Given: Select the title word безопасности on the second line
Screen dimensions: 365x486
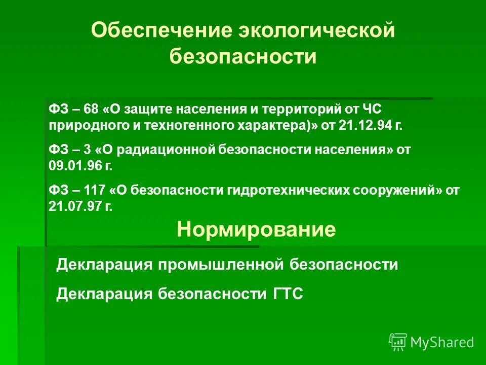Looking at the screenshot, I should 243,56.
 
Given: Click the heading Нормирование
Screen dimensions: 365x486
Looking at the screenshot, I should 256,230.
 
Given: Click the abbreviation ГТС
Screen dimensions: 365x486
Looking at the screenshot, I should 284,294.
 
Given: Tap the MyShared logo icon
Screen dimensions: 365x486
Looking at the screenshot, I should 397,342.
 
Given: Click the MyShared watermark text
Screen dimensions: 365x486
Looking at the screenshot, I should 442,343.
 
